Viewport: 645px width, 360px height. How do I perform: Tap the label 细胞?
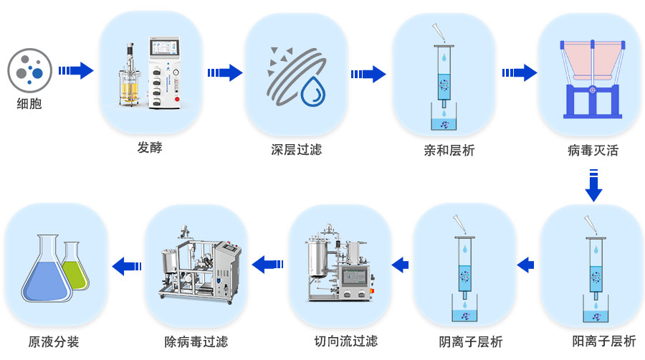[x=29, y=104]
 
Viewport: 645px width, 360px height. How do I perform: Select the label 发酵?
[x=150, y=148]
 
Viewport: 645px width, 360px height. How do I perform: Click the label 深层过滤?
[x=296, y=150]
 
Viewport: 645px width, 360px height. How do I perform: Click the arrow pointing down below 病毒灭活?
[x=593, y=185]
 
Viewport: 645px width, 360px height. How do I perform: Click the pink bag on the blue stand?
[x=592, y=61]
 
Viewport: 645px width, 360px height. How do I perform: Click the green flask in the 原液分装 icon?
[x=75, y=270]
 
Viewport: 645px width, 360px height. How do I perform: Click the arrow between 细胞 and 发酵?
[x=76, y=70]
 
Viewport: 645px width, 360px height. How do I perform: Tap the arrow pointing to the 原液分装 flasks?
[x=127, y=265]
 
